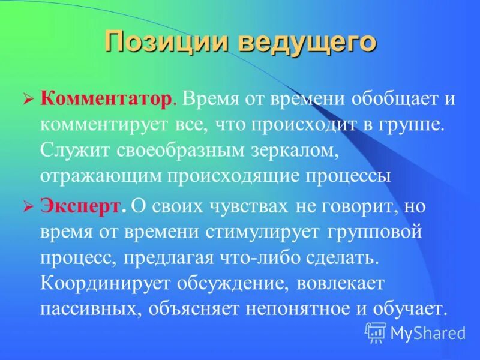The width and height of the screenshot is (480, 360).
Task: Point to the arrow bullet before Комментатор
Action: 28,100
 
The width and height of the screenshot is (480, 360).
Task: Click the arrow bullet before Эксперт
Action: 28,207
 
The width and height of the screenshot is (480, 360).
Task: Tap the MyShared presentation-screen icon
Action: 376,332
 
